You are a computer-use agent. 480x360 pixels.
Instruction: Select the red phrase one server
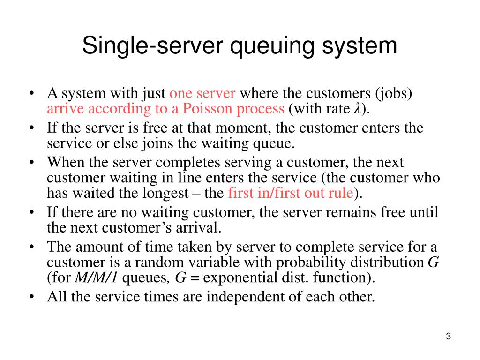click(202, 93)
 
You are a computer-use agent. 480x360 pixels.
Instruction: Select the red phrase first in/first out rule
click(290, 193)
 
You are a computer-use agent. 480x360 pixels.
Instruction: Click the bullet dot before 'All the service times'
click(31, 297)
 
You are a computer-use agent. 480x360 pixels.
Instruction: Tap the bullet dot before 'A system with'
click(31, 93)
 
